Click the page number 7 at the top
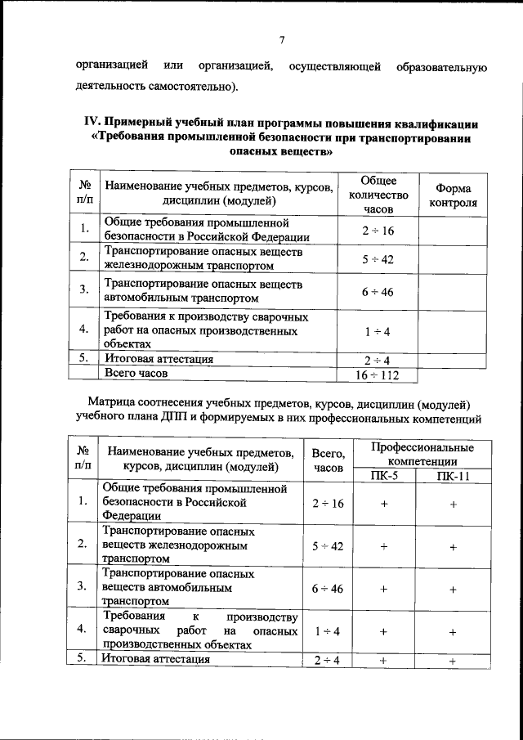pyautogui.click(x=281, y=40)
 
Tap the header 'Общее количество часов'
pyautogui.click(x=378, y=195)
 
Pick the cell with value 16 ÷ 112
pyautogui.click(x=378, y=374)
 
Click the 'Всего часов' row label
pyautogui.click(x=135, y=373)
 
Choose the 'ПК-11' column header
pyautogui.click(x=452, y=477)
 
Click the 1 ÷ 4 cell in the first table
pyautogui.click(x=378, y=330)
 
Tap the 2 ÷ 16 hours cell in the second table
pyautogui.click(x=329, y=504)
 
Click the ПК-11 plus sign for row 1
pyautogui.click(x=452, y=505)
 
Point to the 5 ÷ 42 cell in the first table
pyautogui.click(x=378, y=259)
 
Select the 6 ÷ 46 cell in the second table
pyautogui.click(x=329, y=588)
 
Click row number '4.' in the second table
pyautogui.click(x=82, y=630)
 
